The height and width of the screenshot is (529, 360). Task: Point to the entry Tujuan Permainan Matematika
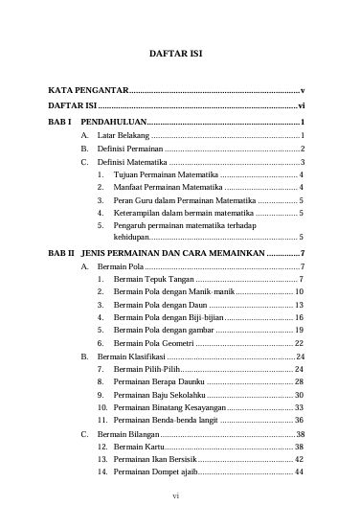[165, 175]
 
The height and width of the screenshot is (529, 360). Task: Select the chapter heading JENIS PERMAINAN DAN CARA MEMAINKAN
[170, 251]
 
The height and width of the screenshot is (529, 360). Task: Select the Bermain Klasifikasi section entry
[130, 356]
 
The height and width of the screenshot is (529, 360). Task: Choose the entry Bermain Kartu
[139, 447]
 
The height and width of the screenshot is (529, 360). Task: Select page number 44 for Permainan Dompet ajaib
[300, 471]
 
